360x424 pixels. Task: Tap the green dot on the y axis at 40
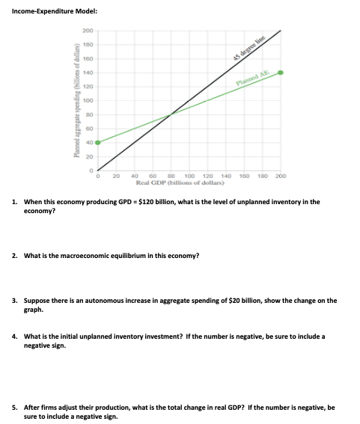pos(97,141)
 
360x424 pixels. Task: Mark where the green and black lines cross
pos(171,114)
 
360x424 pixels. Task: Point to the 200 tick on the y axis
pos(88,31)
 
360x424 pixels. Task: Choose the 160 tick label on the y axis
pos(88,58)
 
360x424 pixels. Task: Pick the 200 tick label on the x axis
pos(281,176)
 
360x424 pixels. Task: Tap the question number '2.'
pos(16,255)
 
